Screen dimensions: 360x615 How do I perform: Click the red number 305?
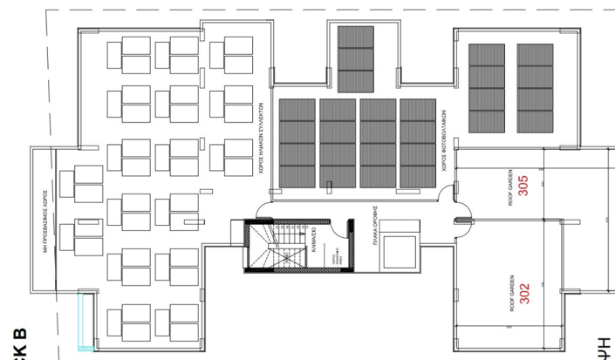coord(523,187)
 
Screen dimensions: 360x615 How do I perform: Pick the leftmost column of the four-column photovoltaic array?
coord(297,144)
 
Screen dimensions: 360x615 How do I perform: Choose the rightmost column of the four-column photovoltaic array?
coord(417,144)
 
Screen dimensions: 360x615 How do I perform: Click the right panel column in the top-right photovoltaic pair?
coord(535,89)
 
